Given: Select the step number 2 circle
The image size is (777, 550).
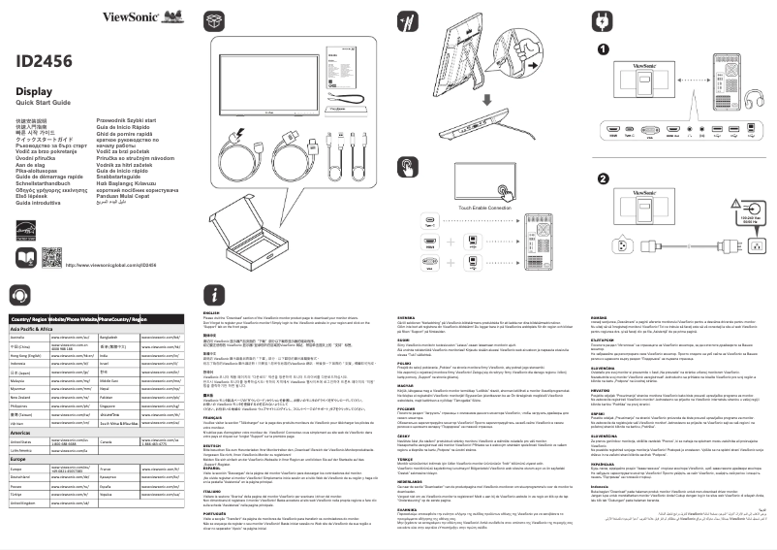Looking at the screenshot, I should (x=603, y=178).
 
